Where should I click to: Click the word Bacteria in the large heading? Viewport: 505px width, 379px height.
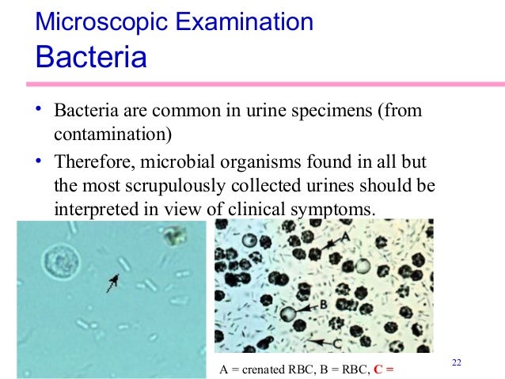[91, 57]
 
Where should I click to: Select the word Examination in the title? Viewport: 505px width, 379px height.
[245, 21]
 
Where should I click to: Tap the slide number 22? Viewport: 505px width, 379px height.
[456, 362]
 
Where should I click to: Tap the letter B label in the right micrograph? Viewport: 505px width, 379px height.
[323, 302]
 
